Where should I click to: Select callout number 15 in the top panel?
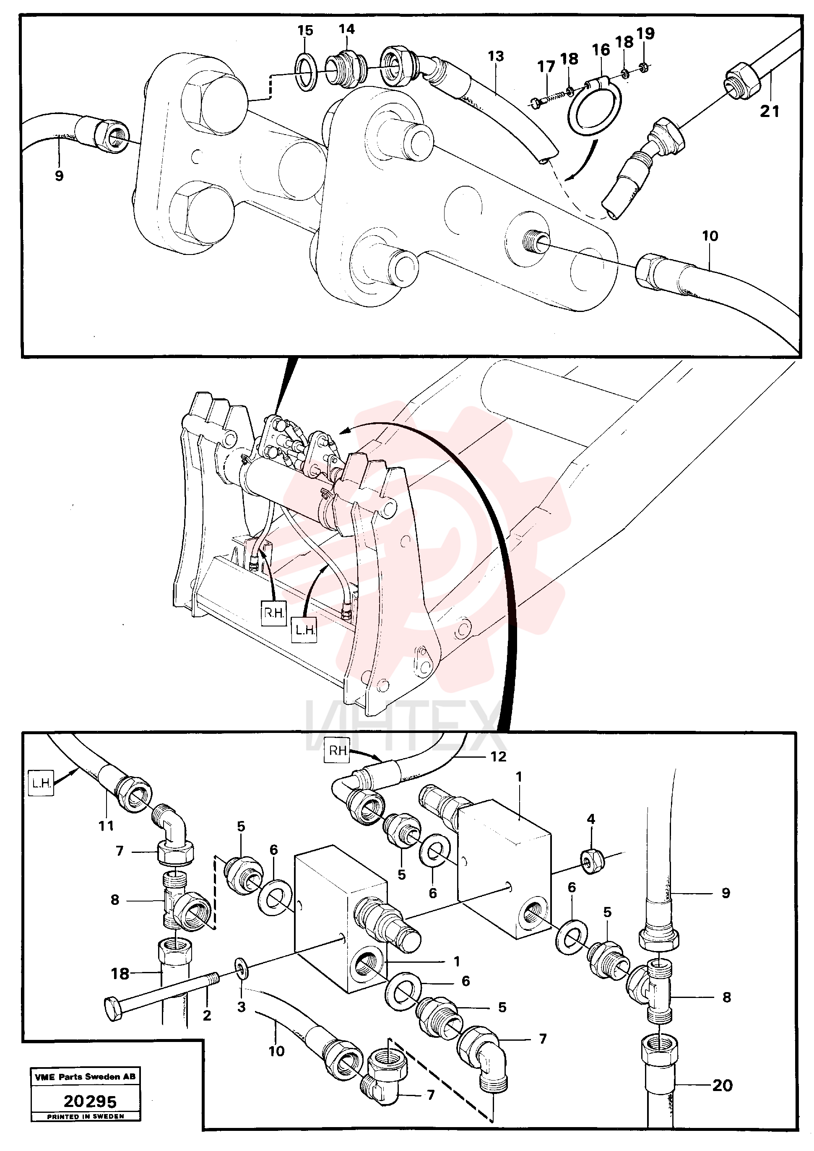click(x=305, y=31)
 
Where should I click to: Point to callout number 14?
click(x=346, y=29)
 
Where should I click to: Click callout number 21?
click(x=770, y=111)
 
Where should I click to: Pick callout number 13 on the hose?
click(x=495, y=56)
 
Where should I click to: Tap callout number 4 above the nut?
click(x=591, y=819)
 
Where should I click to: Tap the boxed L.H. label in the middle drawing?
click(x=304, y=630)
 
